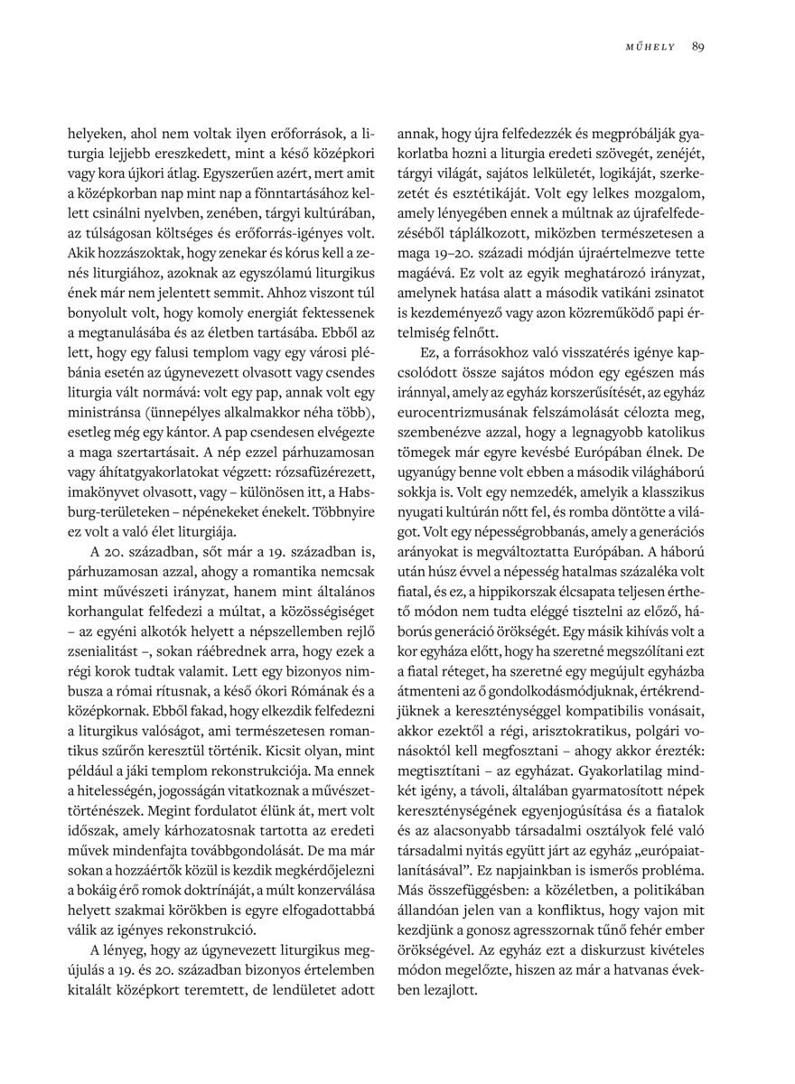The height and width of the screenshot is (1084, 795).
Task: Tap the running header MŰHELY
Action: (650, 46)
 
